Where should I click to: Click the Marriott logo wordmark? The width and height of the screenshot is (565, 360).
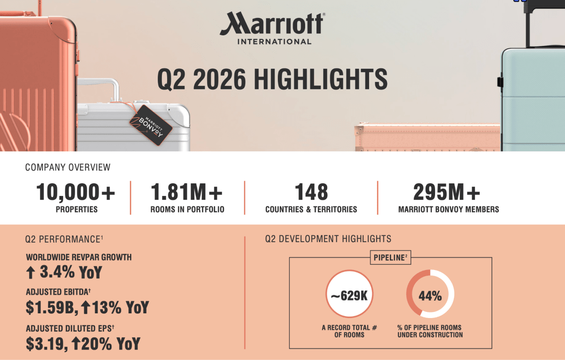tap(273, 23)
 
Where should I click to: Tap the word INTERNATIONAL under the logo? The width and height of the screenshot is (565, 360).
tap(274, 41)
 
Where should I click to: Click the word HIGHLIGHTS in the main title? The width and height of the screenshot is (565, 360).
tap(321, 79)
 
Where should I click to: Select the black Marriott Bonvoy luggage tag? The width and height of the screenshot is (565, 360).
tap(151, 125)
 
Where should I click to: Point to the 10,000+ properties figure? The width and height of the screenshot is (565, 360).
tap(76, 192)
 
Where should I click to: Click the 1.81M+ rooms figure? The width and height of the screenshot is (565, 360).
tap(186, 192)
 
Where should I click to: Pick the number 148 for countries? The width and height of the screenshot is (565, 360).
tap(312, 192)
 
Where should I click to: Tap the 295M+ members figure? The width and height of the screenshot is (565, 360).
tap(447, 192)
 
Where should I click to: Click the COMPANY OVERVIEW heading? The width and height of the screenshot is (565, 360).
tap(68, 167)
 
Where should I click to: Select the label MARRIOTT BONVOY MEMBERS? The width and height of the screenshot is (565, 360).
tap(448, 209)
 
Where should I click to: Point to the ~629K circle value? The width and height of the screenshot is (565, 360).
tap(349, 295)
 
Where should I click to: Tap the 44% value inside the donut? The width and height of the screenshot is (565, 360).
tap(430, 296)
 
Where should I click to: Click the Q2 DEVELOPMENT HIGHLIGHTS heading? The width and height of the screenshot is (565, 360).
tap(328, 239)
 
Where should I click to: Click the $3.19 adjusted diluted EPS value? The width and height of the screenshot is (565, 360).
tap(47, 344)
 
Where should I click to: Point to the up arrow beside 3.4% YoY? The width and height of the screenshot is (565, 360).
tap(31, 273)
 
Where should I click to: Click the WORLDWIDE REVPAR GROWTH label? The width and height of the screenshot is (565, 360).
tap(79, 257)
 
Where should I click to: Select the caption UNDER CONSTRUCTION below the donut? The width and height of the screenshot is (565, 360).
tap(430, 335)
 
